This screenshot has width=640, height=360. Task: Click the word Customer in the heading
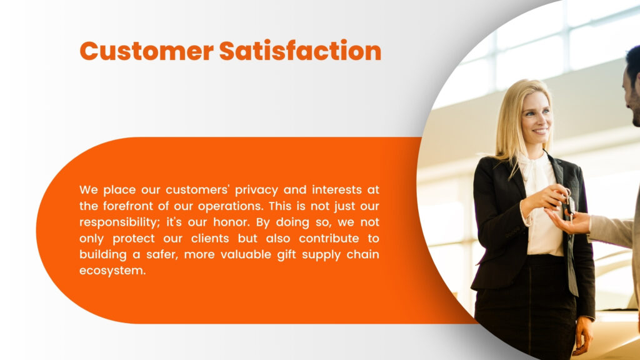(x=146, y=51)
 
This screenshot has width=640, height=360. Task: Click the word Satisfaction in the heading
(x=301, y=51)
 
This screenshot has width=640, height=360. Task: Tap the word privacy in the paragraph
(x=256, y=190)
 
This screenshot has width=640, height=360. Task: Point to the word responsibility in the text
(x=119, y=222)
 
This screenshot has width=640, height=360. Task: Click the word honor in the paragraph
(x=231, y=222)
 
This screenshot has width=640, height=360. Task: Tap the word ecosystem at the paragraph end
(x=112, y=271)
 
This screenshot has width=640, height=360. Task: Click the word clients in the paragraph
(x=218, y=238)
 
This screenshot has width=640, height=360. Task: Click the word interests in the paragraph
(x=337, y=190)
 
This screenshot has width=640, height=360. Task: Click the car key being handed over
(x=569, y=202)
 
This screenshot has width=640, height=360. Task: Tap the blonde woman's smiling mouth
(x=540, y=131)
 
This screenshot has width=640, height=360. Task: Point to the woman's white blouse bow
(x=532, y=168)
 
